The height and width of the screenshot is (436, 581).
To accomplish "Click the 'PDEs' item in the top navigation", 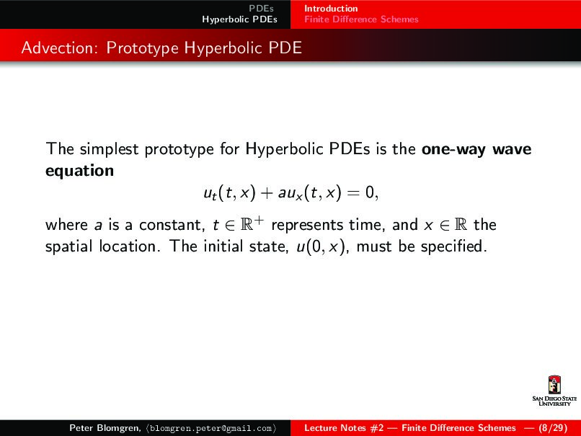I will coord(261,9).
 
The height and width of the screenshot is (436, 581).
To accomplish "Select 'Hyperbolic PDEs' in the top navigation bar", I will coord(239,19).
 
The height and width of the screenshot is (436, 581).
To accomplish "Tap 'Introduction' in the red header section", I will coord(331,9).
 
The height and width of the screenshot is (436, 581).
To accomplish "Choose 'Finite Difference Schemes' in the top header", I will coord(361,19).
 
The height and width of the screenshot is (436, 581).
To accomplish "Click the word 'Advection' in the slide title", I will coord(60,48).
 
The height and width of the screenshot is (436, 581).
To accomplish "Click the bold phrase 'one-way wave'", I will coord(476,150).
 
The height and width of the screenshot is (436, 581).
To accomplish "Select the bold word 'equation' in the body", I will coord(79,171).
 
